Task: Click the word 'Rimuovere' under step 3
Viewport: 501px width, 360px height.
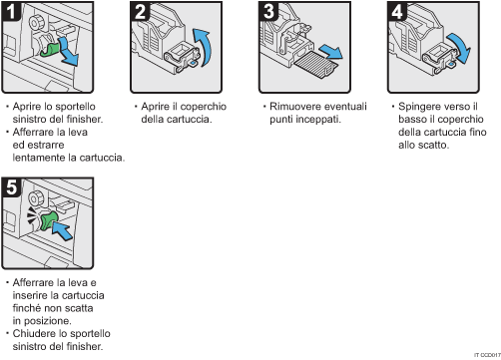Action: pyautogui.click(x=290, y=105)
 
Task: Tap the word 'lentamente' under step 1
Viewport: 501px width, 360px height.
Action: pyautogui.click(x=35, y=157)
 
